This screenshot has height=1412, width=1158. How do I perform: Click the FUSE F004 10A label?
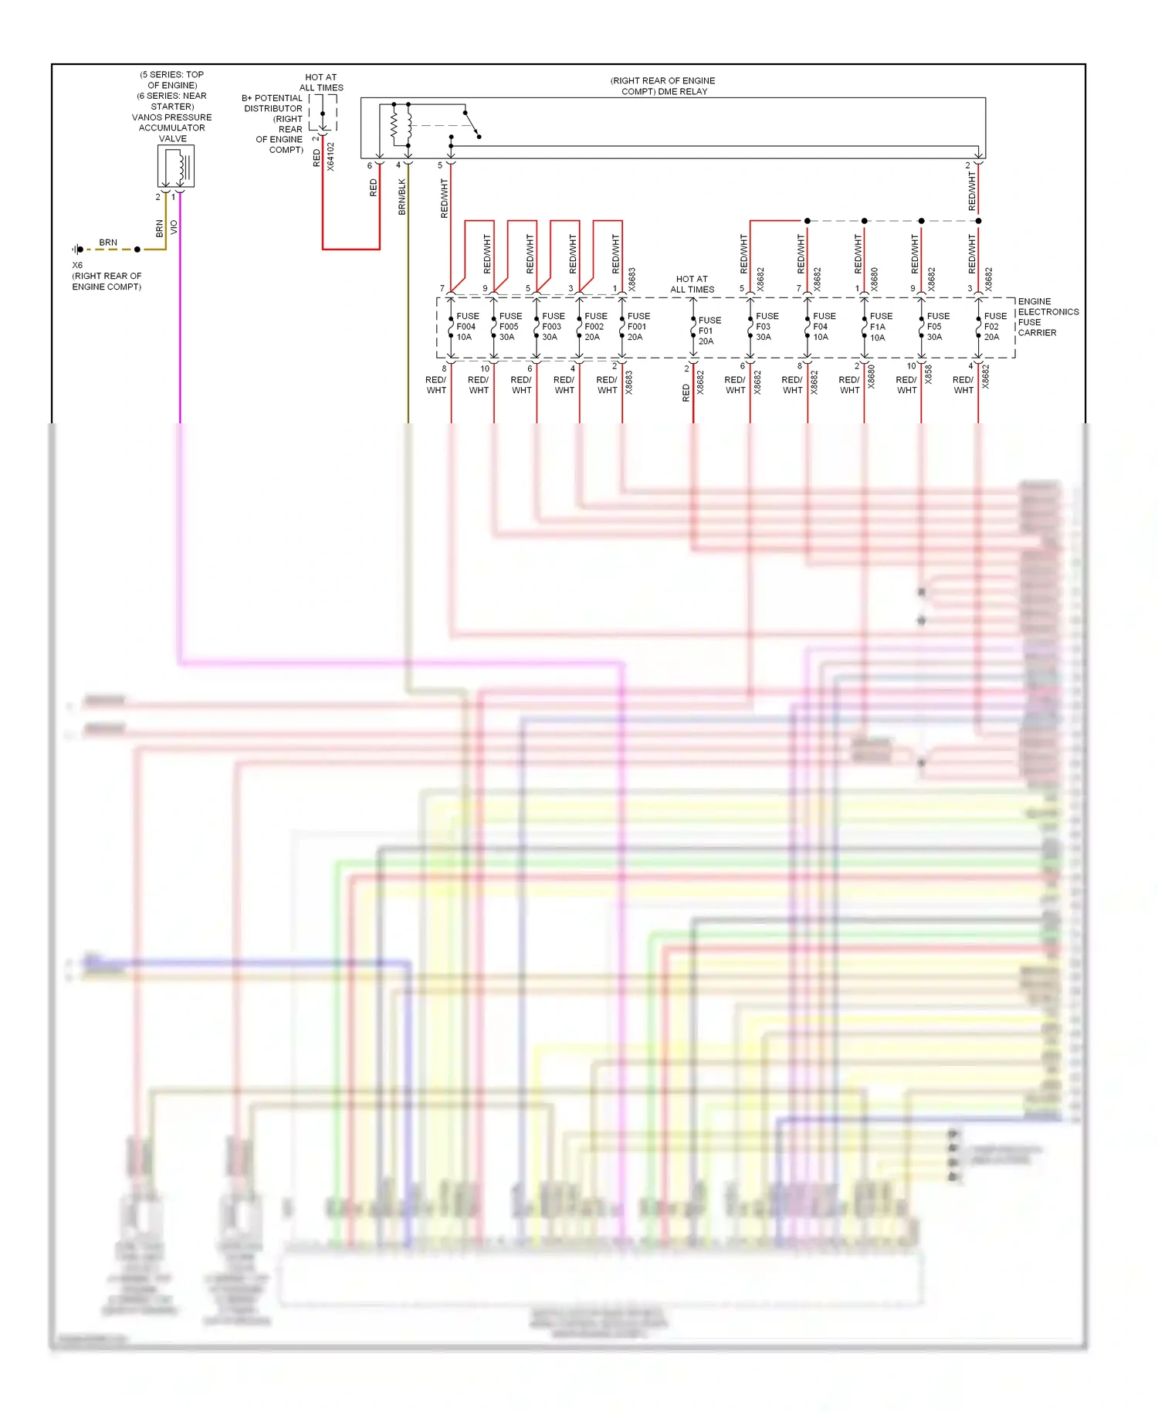pyautogui.click(x=467, y=327)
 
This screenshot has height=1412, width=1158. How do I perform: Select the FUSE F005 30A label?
pyautogui.click(x=510, y=327)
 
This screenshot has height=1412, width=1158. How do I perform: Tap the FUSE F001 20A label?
pyautogui.click(x=638, y=327)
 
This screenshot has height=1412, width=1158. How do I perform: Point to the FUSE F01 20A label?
pyautogui.click(x=709, y=331)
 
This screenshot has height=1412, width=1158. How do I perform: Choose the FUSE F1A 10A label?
pyautogui.click(x=880, y=327)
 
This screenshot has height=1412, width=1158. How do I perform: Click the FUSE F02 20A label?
pyautogui.click(x=994, y=327)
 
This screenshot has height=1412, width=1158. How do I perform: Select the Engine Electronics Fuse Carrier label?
pyautogui.click(x=1047, y=317)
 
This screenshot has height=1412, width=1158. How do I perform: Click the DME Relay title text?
pyautogui.click(x=663, y=86)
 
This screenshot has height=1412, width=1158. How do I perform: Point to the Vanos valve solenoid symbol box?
pyautogui.click(x=176, y=166)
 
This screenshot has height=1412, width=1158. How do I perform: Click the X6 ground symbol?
pyautogui.click(x=78, y=249)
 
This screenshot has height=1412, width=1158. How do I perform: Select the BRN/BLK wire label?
pyautogui.click(x=402, y=197)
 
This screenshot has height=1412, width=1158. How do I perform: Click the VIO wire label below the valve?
pyautogui.click(x=174, y=228)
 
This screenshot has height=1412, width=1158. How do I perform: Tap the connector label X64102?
pyautogui.click(x=331, y=157)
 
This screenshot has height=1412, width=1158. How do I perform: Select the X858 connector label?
pyautogui.click(x=929, y=375)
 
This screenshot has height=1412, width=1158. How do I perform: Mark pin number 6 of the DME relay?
pyautogui.click(x=369, y=165)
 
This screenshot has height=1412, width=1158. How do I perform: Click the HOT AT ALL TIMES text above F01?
pyautogui.click(x=692, y=284)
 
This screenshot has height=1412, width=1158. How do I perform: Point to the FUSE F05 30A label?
pyautogui.click(x=937, y=327)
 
